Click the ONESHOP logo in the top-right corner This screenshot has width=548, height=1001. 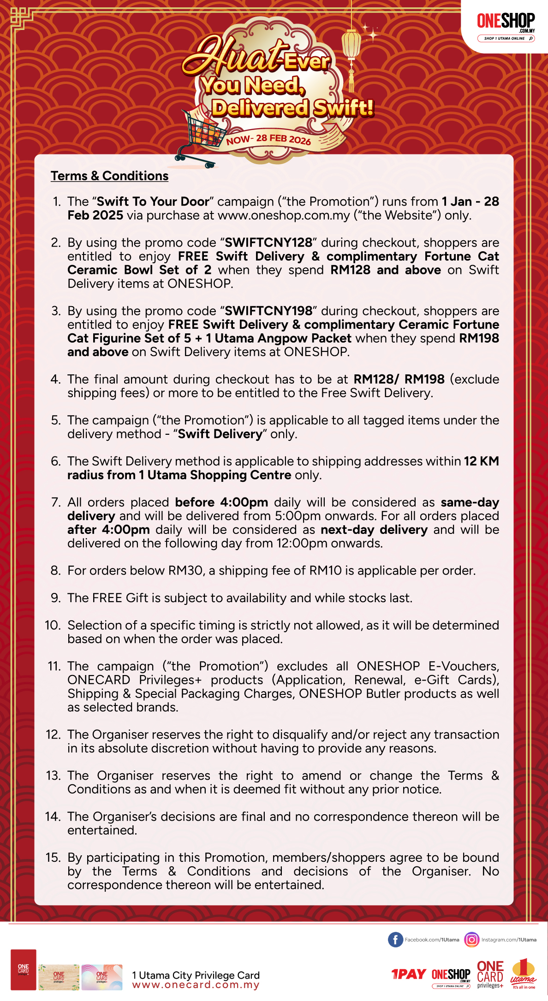tap(506, 26)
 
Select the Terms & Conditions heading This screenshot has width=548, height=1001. tap(109, 176)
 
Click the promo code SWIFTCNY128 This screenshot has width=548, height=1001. tap(268, 243)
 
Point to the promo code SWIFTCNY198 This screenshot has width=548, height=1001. tap(268, 311)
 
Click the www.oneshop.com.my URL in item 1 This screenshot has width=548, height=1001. tap(284, 215)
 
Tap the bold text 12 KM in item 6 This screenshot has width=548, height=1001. tap(481, 461)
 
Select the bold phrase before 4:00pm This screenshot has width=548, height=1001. tap(221, 502)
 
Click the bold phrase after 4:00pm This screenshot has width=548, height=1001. tap(108, 529)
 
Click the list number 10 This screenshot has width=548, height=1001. tap(53, 625)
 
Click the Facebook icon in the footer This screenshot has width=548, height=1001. tap(395, 939)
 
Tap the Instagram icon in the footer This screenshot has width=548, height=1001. tap(471, 939)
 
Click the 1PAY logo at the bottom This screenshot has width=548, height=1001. tap(408, 974)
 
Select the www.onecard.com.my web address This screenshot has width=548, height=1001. tap(196, 985)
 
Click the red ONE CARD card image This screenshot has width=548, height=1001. tap(24, 970)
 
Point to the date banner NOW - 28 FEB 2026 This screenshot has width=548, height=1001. tap(268, 139)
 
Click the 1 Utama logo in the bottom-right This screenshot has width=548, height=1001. tap(523, 974)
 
